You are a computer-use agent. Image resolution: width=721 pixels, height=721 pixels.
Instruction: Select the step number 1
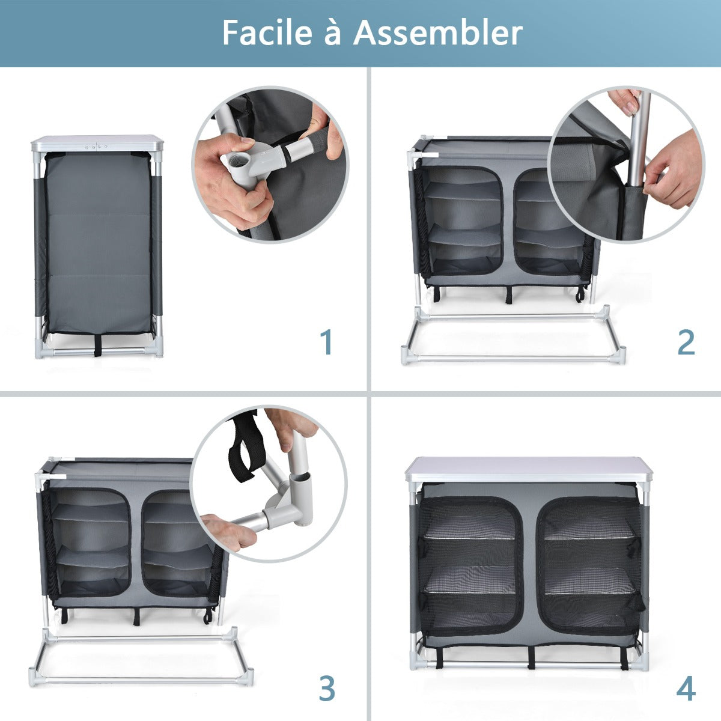click(326, 342)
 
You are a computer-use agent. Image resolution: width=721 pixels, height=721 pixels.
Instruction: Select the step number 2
click(686, 342)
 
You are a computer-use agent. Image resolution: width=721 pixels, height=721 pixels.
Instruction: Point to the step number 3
click(326, 689)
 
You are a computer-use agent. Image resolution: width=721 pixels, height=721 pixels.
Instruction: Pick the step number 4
click(686, 689)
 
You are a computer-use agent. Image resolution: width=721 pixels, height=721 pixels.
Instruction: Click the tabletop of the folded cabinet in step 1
click(97, 143)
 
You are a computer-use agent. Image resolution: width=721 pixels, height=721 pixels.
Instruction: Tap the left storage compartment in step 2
click(463, 222)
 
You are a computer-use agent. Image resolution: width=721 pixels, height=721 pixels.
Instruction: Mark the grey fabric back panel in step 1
click(98, 240)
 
